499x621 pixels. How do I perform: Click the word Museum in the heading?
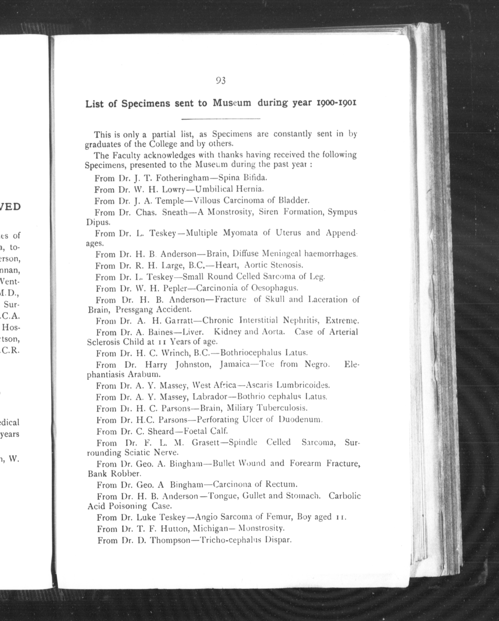tap(232, 103)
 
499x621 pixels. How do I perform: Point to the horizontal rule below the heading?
tap(221, 119)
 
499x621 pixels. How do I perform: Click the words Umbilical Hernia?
tap(229, 189)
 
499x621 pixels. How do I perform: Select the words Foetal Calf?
tap(206, 431)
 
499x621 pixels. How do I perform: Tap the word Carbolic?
tap(344, 496)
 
